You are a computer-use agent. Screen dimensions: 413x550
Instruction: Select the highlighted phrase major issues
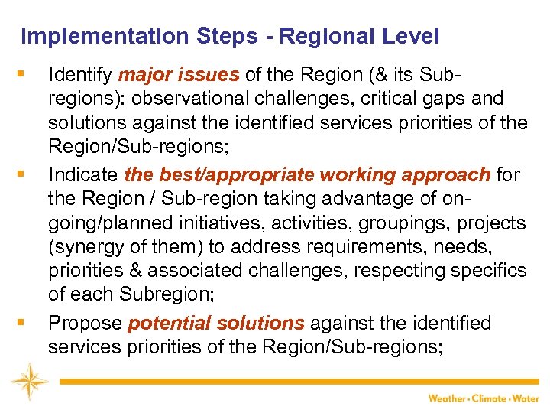(179, 74)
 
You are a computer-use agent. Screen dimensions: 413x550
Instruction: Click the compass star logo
(29, 380)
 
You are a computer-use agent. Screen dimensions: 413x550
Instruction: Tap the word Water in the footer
(528, 398)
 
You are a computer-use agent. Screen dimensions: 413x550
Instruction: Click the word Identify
(79, 74)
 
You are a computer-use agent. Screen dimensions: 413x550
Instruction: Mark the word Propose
(85, 324)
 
